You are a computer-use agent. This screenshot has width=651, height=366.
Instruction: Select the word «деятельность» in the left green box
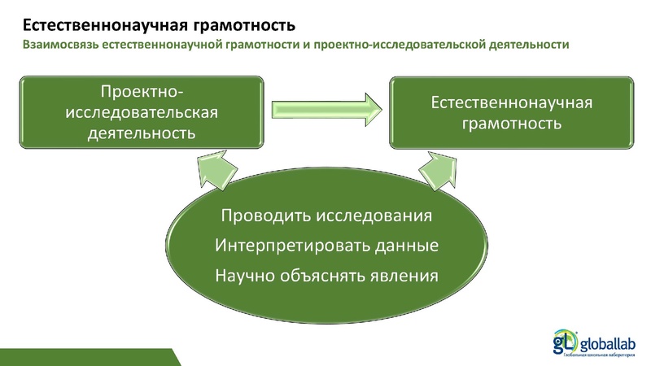141,131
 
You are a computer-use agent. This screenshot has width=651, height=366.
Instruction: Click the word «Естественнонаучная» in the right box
510,103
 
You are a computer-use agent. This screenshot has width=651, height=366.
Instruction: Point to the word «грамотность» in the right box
510,124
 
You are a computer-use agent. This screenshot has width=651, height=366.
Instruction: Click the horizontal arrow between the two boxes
325,107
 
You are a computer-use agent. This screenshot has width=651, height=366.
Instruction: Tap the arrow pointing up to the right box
438,172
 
